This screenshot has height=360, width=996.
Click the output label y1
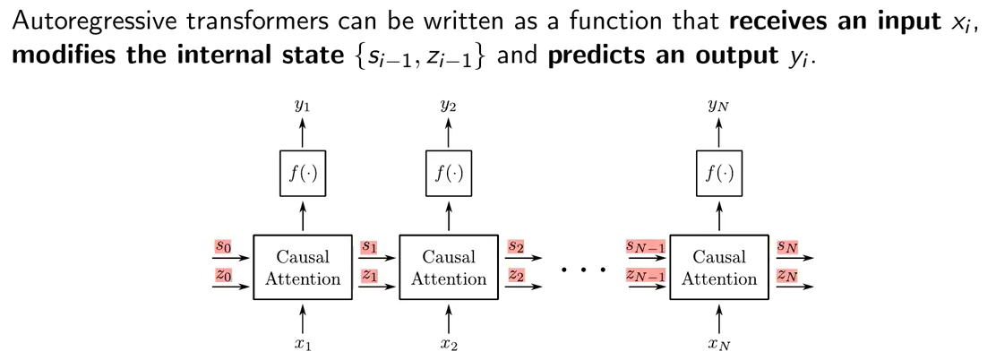[303, 106]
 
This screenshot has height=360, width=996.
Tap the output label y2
[448, 106]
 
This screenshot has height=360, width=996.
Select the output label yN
[718, 106]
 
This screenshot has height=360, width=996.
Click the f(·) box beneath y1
[303, 173]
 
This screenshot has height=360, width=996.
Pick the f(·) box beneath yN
[718, 173]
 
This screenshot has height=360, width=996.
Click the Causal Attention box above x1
[303, 268]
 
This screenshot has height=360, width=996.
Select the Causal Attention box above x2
[448, 268]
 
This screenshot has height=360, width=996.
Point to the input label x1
[303, 343]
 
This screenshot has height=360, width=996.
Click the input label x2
[448, 343]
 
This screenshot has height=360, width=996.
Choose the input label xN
[718, 343]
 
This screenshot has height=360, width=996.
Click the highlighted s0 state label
[223, 244]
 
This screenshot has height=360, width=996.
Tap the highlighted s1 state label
[369, 244]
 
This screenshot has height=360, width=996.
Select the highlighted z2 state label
[515, 276]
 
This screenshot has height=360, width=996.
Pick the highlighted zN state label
[787, 276]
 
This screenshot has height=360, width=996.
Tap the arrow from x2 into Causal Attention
[448, 317]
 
